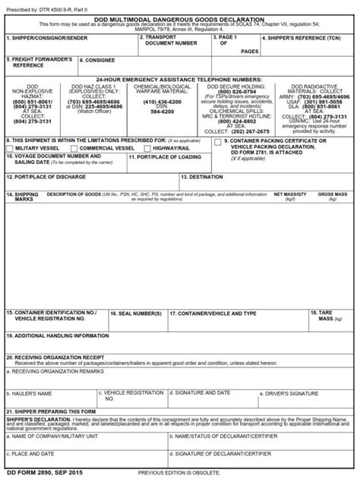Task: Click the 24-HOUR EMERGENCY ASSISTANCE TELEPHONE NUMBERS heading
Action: point(179,78)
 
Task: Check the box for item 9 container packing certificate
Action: point(218,142)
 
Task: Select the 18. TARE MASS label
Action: point(325,316)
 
